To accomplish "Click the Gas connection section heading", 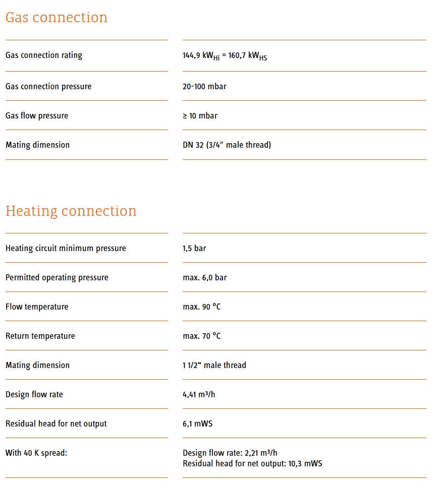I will coord(57,18).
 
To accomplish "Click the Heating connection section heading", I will coord(71,211).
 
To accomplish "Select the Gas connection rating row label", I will coord(44,55).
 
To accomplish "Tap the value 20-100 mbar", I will coord(204,87).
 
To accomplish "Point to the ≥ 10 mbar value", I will coord(200,116).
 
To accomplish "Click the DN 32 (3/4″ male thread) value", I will coord(227,145).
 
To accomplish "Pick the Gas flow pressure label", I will coord(37,116).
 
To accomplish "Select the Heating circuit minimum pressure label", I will coord(66,249).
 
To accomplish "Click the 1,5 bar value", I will coord(194,249).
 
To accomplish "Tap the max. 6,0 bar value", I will coord(204,278).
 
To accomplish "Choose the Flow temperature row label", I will coord(37,307).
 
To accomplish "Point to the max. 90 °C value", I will coord(201,307).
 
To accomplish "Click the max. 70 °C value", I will coord(201,336).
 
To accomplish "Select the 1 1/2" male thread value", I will coord(214,365).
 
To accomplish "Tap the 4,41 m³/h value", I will coord(199,395).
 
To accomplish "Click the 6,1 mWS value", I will coord(197,424).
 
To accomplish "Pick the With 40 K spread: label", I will coord(36,453).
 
